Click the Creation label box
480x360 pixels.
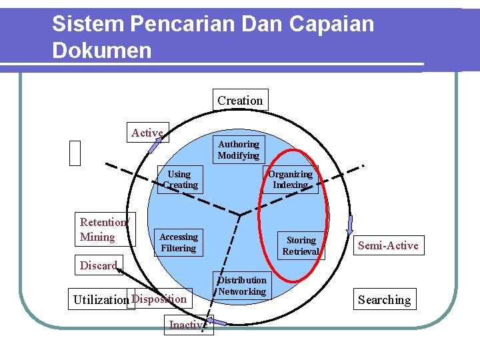coord(240,100)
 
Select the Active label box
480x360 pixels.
coord(147,133)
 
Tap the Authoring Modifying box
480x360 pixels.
coord(239,149)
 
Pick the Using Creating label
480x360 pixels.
coord(179,179)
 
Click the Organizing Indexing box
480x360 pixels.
coord(290,179)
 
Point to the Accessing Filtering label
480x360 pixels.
coord(178,242)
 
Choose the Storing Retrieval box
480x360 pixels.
coord(301,245)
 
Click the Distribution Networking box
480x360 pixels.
coord(242,285)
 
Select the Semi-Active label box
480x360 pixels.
coord(388,245)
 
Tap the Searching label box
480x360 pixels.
coord(384,299)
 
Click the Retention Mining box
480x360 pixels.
coord(104,229)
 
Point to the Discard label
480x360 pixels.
coord(98,265)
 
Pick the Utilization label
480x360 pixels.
coord(101,299)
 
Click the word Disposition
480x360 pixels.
coord(159,299)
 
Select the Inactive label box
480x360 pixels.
coord(188,325)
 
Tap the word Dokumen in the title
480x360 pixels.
coord(101,51)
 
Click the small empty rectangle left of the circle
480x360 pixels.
coord(75,153)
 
